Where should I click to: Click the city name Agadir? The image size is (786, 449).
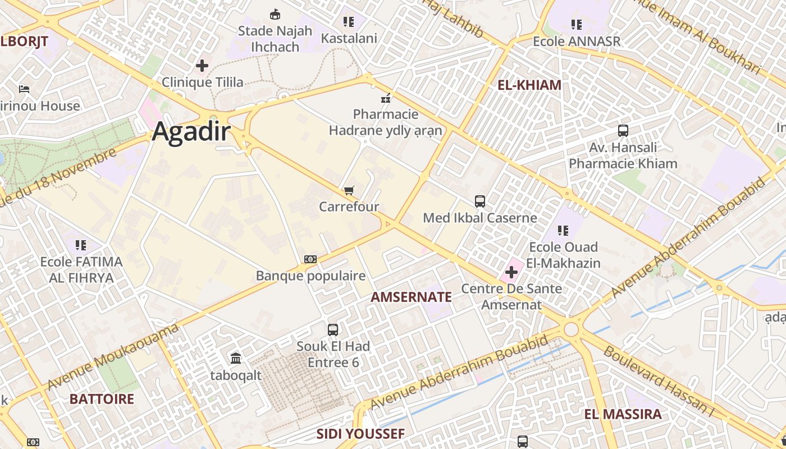(191, 131)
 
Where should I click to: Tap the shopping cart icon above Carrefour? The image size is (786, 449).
(349, 191)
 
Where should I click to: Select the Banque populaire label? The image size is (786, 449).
(310, 276)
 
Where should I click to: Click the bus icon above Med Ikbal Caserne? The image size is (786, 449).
(480, 201)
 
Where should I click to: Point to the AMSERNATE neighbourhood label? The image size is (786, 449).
(412, 297)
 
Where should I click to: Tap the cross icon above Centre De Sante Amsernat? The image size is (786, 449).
(511, 273)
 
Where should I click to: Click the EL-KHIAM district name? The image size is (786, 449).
(529, 85)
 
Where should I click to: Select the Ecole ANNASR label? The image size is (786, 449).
(577, 41)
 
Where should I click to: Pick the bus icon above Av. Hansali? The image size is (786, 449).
(623, 131)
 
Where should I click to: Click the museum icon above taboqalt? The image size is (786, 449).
(236, 358)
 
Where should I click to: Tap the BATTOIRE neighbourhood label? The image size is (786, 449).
(102, 399)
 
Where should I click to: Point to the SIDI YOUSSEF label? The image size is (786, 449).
(360, 434)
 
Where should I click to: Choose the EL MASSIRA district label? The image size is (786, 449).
(623, 414)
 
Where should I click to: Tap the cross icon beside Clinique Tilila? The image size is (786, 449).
(202, 66)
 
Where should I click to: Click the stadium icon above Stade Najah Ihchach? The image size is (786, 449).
(275, 14)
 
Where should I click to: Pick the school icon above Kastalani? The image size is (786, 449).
(349, 22)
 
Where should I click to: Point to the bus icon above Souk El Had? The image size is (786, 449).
(333, 329)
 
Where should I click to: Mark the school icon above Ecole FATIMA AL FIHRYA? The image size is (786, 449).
(81, 245)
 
